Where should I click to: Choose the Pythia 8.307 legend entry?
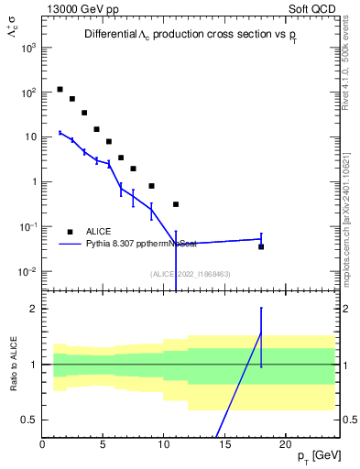137,245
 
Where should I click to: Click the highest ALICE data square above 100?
60,90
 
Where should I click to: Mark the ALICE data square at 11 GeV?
176,204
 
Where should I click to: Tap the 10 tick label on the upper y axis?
29,137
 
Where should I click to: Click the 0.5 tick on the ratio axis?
29,420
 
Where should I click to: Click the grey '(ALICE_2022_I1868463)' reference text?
190,274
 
